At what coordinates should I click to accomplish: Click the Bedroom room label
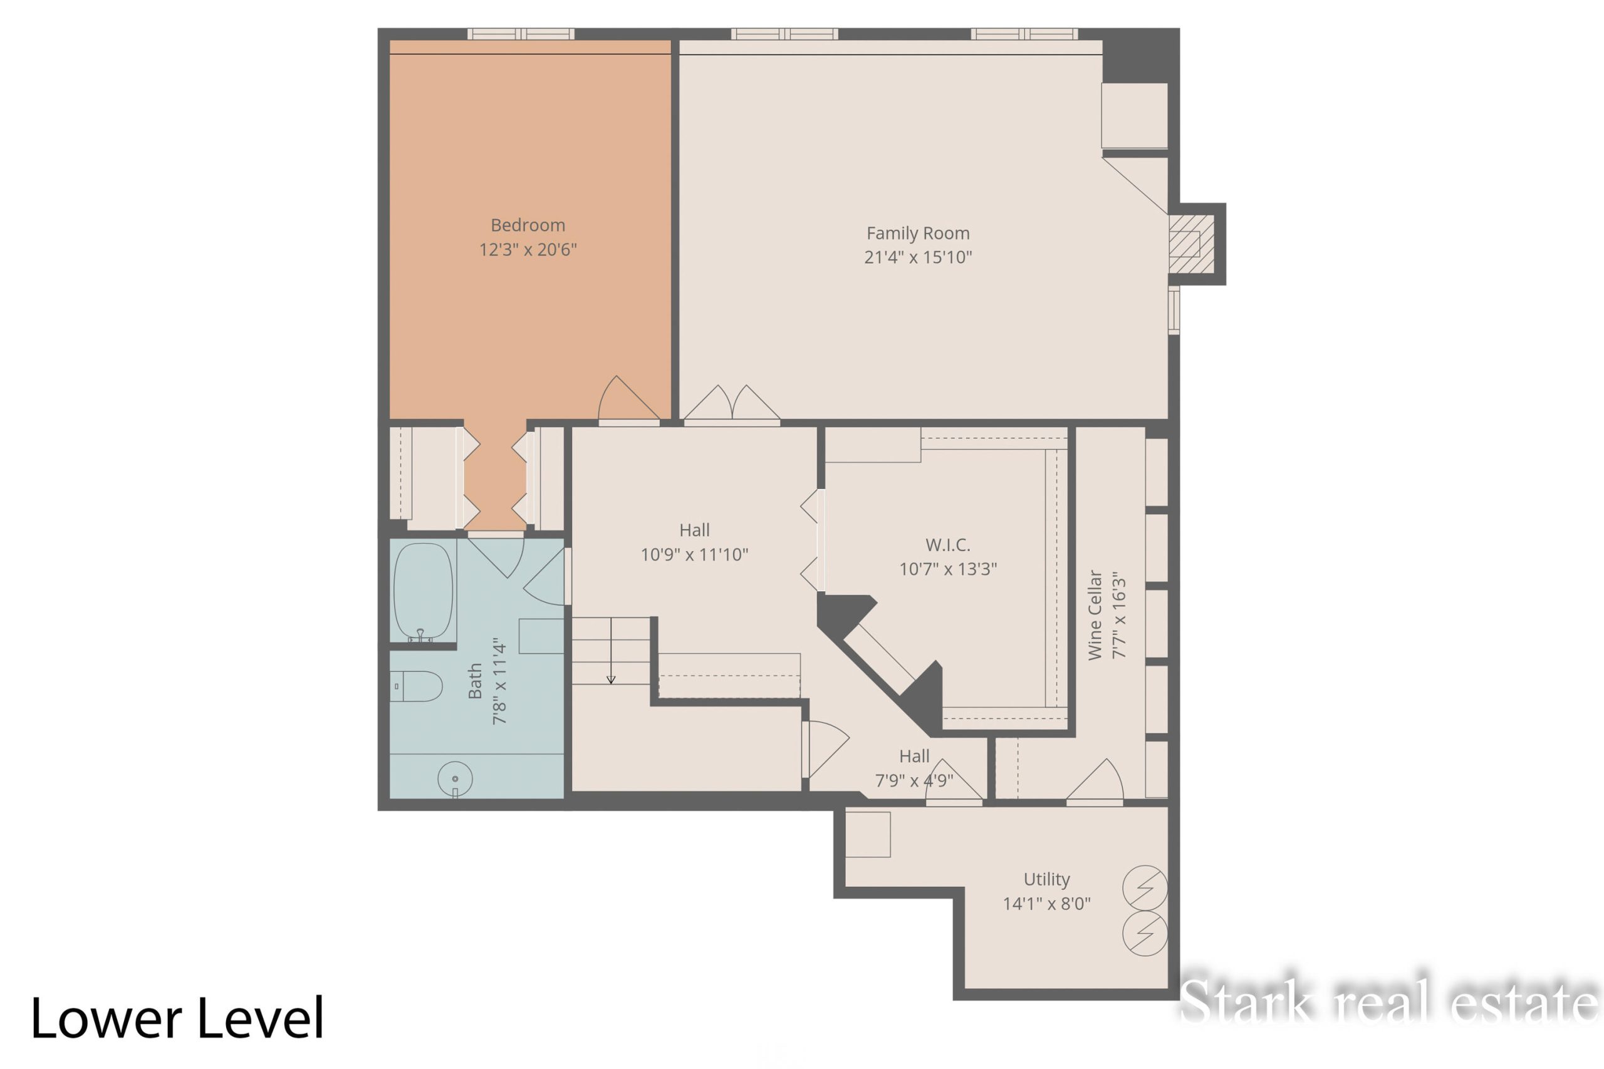(x=528, y=225)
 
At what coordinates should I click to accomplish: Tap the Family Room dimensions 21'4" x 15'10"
(x=918, y=257)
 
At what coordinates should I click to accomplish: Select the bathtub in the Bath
(x=423, y=592)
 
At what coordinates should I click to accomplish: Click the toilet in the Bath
(x=416, y=686)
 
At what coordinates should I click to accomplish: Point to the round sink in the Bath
(x=455, y=778)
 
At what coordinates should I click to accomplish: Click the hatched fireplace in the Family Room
(x=1191, y=244)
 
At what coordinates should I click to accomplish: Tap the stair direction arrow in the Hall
(x=611, y=651)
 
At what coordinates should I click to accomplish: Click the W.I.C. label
(x=948, y=545)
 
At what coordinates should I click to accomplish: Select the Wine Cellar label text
(x=1095, y=616)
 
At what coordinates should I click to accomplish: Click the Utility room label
(x=1047, y=879)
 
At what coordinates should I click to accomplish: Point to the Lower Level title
(x=177, y=1018)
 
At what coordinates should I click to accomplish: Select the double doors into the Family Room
(x=732, y=403)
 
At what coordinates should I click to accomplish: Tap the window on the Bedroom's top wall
(x=520, y=34)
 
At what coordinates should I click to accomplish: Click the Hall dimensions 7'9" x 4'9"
(x=914, y=780)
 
